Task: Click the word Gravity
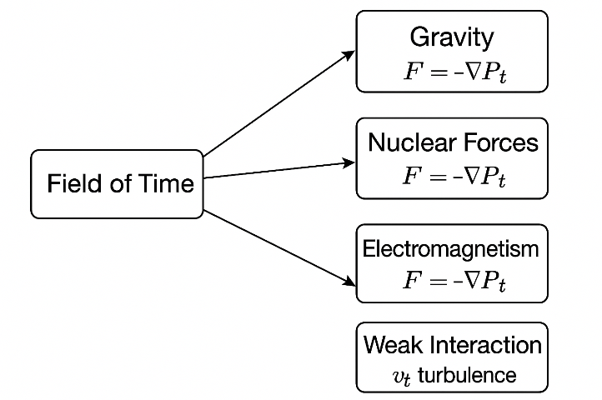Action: (x=452, y=37)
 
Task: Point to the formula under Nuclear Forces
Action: (x=453, y=177)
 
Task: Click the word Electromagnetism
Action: (x=452, y=249)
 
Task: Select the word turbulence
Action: (x=467, y=376)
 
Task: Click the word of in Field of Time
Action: (x=121, y=183)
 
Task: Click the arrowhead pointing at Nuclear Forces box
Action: (x=349, y=162)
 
